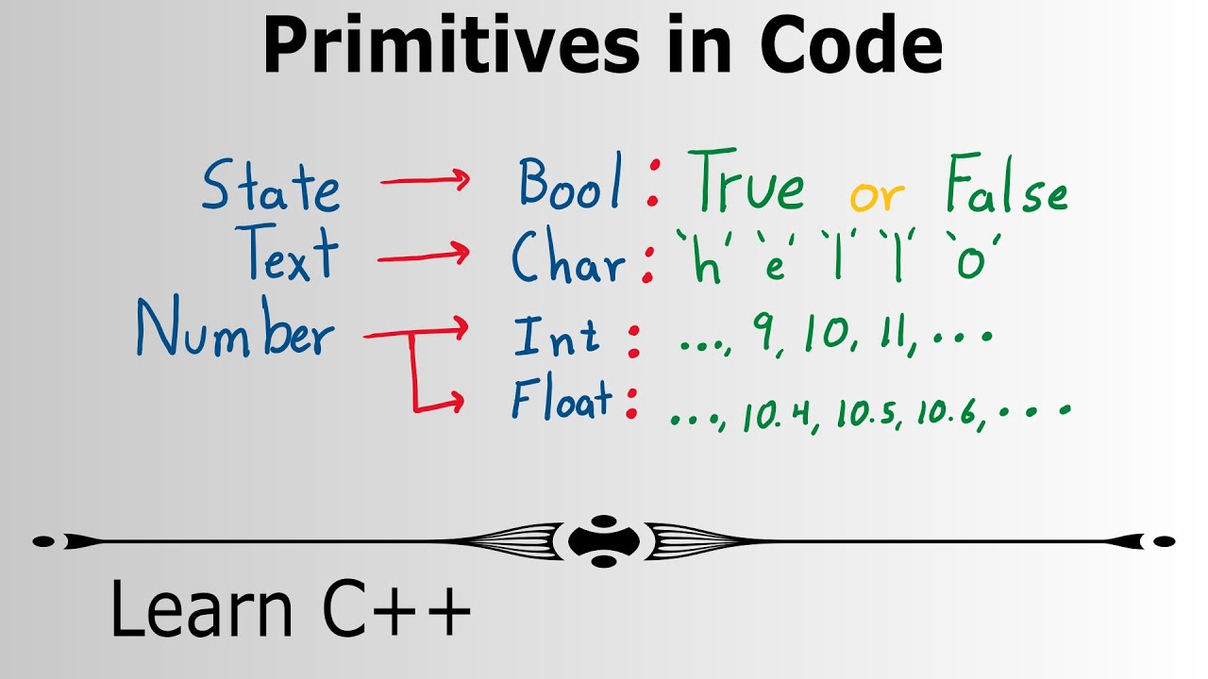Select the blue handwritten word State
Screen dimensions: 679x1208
click(270, 186)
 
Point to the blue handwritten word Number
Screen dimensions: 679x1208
click(235, 330)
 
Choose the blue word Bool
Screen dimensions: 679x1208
click(570, 183)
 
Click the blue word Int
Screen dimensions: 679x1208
click(556, 338)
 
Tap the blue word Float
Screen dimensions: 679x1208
click(562, 402)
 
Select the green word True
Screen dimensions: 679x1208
click(746, 185)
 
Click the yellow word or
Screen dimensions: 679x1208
click(877, 196)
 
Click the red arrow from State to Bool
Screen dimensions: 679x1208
click(424, 182)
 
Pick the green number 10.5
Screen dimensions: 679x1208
click(865, 413)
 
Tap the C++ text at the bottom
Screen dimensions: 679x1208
click(397, 609)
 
